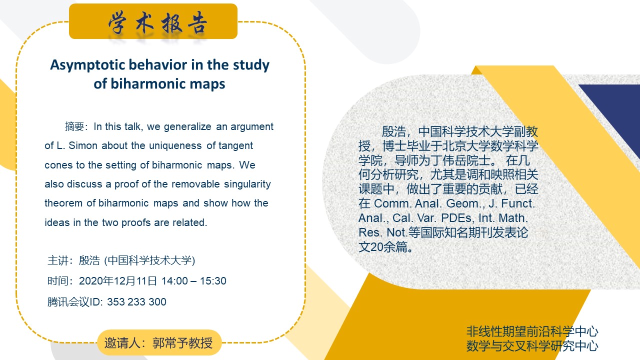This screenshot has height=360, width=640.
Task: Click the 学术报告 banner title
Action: coord(157,23)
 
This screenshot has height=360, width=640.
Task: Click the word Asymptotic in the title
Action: coord(87,65)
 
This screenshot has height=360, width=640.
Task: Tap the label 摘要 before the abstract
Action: coord(74,126)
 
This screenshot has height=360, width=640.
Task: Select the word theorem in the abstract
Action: coord(63,203)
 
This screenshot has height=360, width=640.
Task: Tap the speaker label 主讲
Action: coord(58,260)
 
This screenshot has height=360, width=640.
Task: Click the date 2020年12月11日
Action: coord(117,281)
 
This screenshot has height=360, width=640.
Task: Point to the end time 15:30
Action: coord(213,281)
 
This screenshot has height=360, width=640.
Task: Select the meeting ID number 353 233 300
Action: coord(136,301)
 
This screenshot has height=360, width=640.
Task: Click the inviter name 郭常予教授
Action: coord(182,343)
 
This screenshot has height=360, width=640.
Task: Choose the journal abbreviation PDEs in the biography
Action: coord(456,217)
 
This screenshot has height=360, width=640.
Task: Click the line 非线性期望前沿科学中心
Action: coord(532,331)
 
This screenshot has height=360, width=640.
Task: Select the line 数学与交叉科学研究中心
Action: coord(532,345)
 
